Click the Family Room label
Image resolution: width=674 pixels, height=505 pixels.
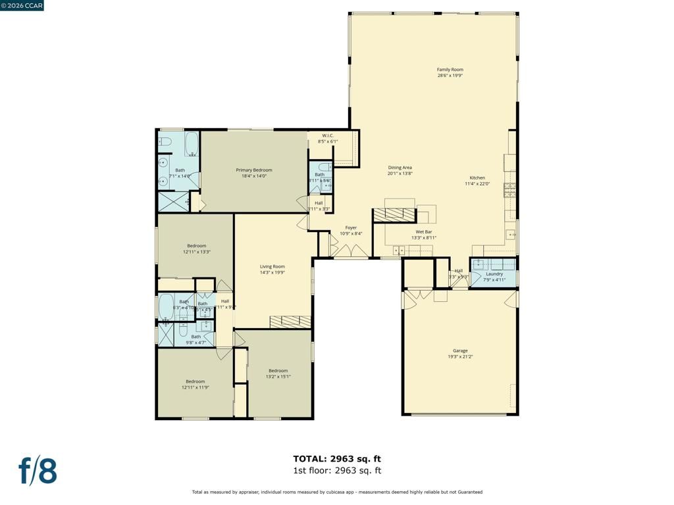[x=450, y=69]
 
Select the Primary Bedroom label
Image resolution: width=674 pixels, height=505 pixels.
[x=254, y=170]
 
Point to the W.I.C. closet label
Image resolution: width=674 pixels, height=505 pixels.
[x=328, y=135]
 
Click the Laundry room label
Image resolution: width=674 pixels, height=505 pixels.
[x=494, y=274]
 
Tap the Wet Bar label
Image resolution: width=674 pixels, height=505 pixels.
[x=423, y=231]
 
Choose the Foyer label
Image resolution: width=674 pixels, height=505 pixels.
[x=351, y=228]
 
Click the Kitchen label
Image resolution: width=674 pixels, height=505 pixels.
[x=477, y=178]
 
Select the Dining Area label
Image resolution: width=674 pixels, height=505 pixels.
[x=400, y=168]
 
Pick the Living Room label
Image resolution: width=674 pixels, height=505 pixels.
[x=272, y=266]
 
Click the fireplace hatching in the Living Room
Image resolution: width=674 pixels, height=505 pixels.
[x=290, y=321]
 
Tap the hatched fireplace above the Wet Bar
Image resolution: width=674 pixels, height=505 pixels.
[x=394, y=215]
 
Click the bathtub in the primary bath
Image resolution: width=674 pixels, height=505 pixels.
[x=192, y=144]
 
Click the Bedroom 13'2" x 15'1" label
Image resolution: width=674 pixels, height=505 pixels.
[x=278, y=370]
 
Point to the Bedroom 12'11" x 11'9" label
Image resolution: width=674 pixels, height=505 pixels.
[x=195, y=381]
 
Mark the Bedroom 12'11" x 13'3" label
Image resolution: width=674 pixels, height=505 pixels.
[x=196, y=246]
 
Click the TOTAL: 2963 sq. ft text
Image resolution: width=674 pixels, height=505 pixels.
[x=337, y=459]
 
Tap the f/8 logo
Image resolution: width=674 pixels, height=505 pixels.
[x=38, y=471]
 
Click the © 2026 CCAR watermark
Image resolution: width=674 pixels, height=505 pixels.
[x=22, y=6]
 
